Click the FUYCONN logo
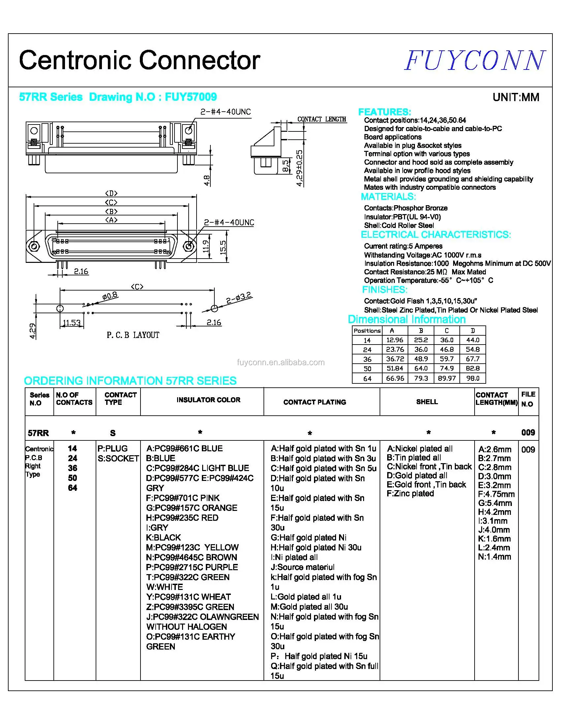click(475, 60)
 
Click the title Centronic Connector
click(140, 60)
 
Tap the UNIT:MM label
click(516, 97)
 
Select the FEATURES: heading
click(385, 112)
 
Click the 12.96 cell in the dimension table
click(394, 340)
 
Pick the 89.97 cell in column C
click(447, 378)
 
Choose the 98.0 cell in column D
click(473, 378)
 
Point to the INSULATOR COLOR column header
click(208, 400)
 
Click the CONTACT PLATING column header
click(314, 402)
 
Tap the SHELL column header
click(427, 402)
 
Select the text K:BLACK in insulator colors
click(164, 538)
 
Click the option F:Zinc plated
click(410, 494)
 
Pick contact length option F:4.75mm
click(496, 494)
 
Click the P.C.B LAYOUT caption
click(133, 335)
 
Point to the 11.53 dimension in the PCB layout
click(72, 323)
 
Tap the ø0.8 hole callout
click(110, 295)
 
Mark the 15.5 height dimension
click(223, 247)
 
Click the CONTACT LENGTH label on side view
click(321, 119)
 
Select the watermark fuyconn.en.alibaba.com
click(281, 362)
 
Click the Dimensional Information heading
click(406, 319)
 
